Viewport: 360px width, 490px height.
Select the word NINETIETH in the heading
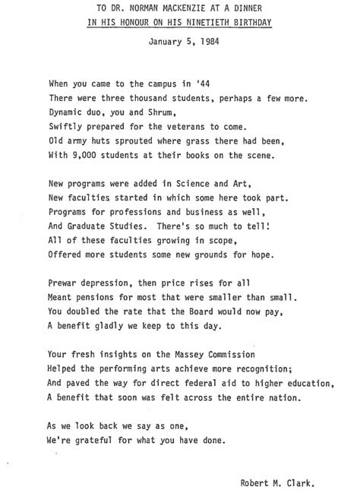215,23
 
